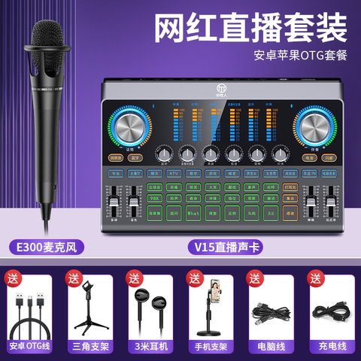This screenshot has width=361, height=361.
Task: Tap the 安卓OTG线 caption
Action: [30, 347]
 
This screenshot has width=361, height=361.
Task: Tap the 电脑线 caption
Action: [269, 347]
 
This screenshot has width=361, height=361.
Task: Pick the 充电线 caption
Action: [329, 347]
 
